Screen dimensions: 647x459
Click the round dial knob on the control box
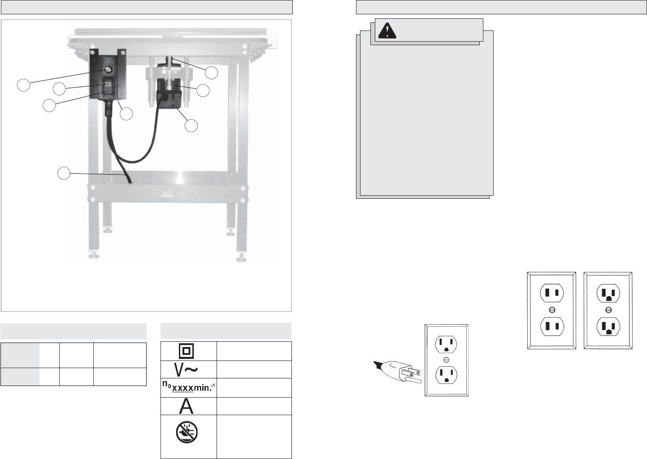pyautogui.click(x=108, y=69)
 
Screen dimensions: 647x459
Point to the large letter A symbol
pyautogui.click(x=187, y=406)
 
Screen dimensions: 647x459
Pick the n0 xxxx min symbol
pyautogui.click(x=188, y=387)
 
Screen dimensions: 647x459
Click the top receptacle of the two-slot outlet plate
pyautogui.click(x=552, y=294)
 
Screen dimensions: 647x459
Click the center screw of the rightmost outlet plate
pyautogui.click(x=608, y=310)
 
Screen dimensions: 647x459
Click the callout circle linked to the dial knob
pyautogui.click(x=24, y=85)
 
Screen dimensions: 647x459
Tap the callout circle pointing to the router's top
pyautogui.click(x=211, y=73)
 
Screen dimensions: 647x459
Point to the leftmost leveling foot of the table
pyautogui.click(x=94, y=255)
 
